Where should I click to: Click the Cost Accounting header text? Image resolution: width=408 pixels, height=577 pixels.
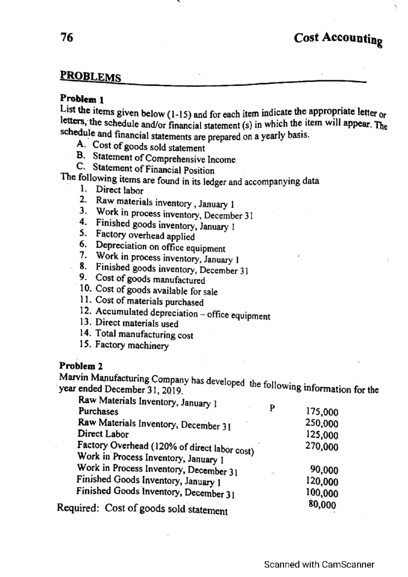click(338, 39)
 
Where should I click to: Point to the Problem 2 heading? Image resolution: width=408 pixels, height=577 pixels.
click(81, 366)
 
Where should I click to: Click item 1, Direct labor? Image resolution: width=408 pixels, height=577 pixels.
click(119, 190)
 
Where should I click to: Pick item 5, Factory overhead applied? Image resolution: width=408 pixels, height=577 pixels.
click(145, 235)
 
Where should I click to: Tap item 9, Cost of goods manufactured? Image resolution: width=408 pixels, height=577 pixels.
click(150, 279)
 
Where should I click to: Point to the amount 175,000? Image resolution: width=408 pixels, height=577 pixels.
click(322, 412)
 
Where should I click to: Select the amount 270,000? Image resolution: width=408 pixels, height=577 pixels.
click(322, 446)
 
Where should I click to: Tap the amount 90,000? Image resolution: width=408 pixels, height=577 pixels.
click(324, 470)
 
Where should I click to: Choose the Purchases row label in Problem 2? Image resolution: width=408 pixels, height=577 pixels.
click(98, 412)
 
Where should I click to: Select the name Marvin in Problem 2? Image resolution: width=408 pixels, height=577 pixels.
click(70, 377)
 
